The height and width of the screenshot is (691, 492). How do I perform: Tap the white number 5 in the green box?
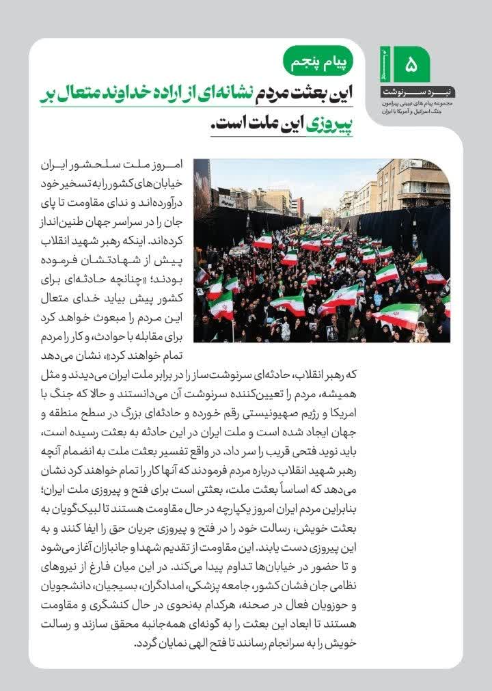[411, 66]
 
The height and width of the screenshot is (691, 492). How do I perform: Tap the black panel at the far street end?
[315, 220]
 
